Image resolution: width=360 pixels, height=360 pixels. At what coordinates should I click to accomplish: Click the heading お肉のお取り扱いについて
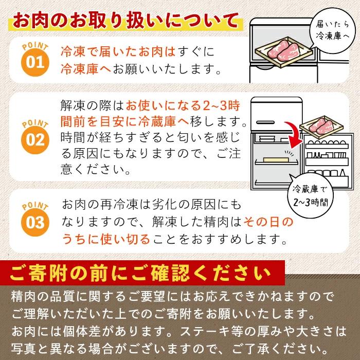[x=125, y=21]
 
